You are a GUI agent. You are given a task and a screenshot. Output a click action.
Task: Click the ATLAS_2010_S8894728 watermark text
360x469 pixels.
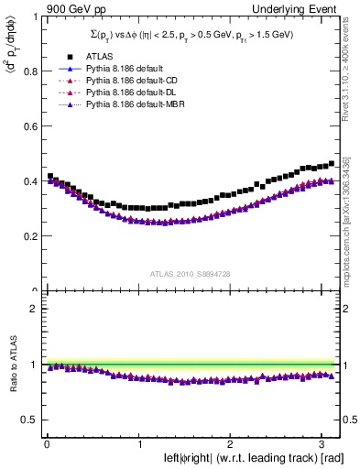191,274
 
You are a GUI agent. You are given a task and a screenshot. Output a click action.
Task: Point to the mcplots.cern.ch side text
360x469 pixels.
352,220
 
